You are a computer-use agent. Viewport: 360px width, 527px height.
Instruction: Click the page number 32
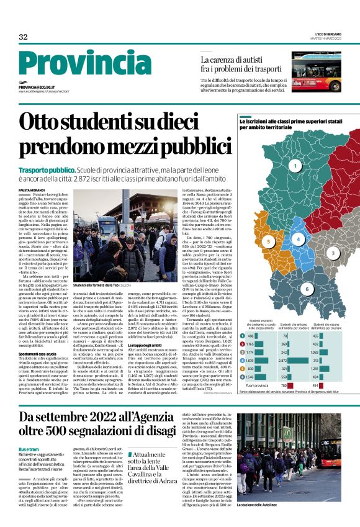coord(23,37)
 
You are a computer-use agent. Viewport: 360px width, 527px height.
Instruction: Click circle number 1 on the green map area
coord(295,166)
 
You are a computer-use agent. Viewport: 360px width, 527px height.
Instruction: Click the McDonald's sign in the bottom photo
coord(287,431)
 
